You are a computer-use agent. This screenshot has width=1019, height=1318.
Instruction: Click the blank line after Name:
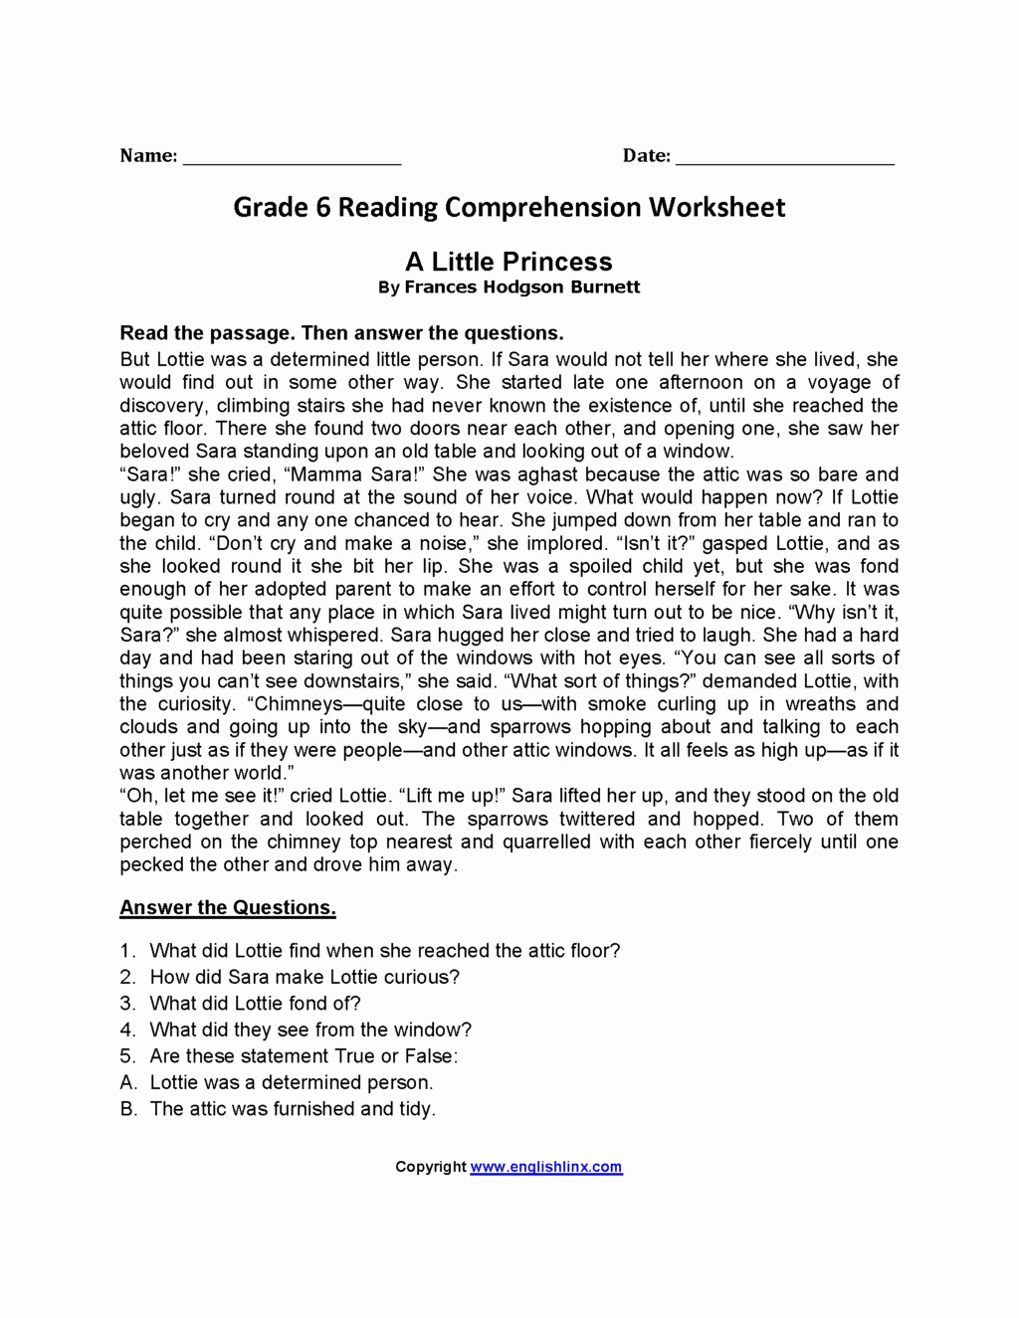pos(292,159)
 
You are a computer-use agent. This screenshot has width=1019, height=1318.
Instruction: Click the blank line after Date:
pos(784,159)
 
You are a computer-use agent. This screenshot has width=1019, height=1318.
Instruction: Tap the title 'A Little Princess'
pos(509,262)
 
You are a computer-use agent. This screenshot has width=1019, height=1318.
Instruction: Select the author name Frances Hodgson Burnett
pos(521,287)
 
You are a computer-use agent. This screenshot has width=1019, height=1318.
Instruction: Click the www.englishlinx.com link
pos(546,1167)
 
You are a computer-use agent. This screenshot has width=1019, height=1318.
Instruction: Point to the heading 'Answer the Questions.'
pos(228,907)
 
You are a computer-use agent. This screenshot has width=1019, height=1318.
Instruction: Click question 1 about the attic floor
pos(384,951)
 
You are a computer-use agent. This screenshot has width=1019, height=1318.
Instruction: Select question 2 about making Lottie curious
pos(305,977)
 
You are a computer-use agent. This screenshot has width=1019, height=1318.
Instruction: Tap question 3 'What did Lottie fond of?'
pos(255,1004)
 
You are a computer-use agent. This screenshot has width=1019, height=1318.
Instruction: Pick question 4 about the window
pos(310,1030)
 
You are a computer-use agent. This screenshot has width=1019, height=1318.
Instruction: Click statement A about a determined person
pos(291,1082)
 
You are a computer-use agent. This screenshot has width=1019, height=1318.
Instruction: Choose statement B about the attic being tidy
pos(293,1109)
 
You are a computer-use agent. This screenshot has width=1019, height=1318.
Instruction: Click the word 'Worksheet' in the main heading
pos(716,207)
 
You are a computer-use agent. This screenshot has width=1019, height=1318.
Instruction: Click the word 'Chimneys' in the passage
pos(295,704)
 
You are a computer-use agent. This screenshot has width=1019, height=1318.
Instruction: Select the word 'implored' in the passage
pos(546,544)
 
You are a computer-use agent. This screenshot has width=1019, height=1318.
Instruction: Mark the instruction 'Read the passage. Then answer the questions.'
pos(341,333)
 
